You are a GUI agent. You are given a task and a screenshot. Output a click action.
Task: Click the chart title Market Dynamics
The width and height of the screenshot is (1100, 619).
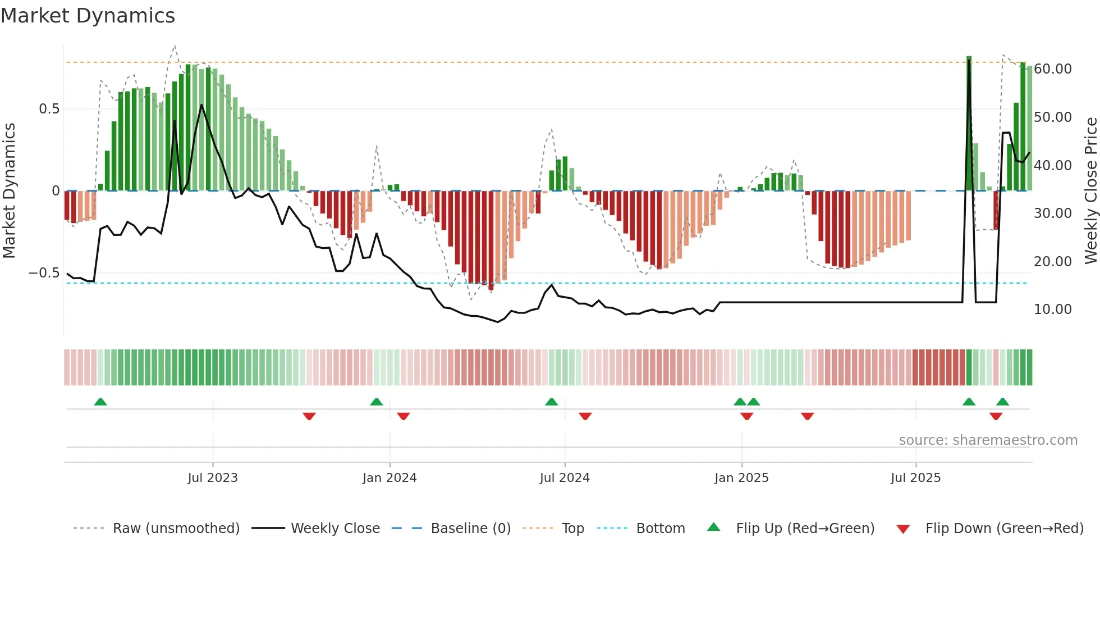click(x=88, y=16)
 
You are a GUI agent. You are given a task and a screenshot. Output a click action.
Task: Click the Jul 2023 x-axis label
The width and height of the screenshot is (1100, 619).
click(x=213, y=478)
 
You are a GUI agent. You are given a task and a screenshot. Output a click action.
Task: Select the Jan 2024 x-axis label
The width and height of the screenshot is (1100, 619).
click(x=389, y=478)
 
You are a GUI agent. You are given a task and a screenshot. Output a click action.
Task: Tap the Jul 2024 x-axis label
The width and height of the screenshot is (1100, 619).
click(x=565, y=478)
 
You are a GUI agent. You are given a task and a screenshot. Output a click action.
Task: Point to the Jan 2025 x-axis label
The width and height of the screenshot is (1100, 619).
click(x=741, y=478)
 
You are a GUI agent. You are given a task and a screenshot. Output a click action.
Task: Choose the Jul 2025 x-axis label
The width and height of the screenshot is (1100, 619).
click(x=915, y=478)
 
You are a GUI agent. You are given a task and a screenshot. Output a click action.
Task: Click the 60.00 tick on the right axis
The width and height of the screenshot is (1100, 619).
click(x=1052, y=69)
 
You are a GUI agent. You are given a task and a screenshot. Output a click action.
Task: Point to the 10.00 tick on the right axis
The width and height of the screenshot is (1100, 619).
click(x=1052, y=309)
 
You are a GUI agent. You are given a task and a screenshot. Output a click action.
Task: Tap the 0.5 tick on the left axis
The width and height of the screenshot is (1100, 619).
click(x=49, y=109)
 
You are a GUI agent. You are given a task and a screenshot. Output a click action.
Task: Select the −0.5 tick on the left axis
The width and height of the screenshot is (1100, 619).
click(x=44, y=273)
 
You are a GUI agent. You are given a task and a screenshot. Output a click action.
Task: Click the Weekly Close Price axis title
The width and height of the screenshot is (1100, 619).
click(x=1090, y=191)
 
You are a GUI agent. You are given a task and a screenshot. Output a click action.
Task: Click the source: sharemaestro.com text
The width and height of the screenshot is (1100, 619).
click(x=988, y=440)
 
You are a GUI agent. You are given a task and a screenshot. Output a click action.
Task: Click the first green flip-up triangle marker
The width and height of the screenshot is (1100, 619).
click(x=100, y=402)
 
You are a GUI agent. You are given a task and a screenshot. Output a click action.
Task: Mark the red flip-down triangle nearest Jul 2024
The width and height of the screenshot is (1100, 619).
click(x=585, y=416)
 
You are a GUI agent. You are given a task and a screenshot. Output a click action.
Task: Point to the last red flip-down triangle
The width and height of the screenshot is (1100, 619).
click(x=996, y=416)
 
